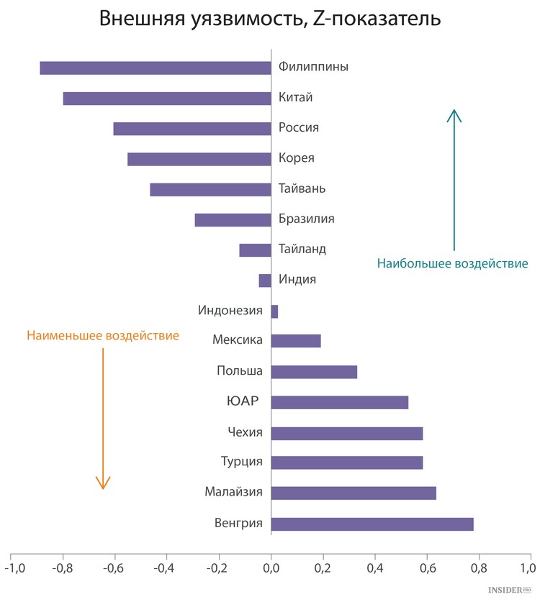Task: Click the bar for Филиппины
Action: click(x=155, y=68)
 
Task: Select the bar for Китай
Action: click(x=166, y=99)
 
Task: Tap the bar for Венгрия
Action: click(x=372, y=524)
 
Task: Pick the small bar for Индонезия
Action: click(x=274, y=311)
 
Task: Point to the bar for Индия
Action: click(x=265, y=281)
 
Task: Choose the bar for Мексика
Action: click(x=295, y=341)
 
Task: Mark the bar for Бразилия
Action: click(x=233, y=220)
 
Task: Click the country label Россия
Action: click(x=299, y=128)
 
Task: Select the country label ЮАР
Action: click(x=243, y=401)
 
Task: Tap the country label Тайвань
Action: click(x=302, y=189)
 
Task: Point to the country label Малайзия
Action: click(x=233, y=493)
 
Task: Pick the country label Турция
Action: click(x=242, y=462)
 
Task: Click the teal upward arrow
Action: click(x=454, y=180)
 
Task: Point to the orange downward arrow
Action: click(x=103, y=417)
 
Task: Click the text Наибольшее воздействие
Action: click(x=452, y=264)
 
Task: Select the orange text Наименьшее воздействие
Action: click(x=103, y=336)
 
